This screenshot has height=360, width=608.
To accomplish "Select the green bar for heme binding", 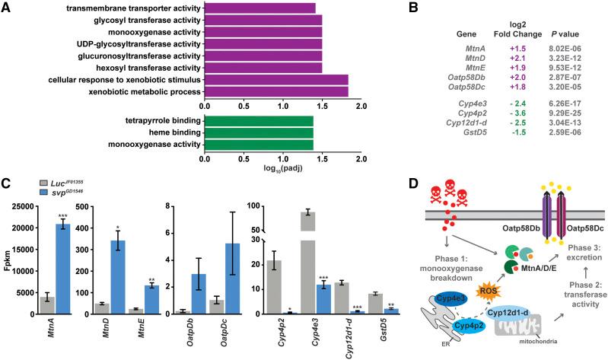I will pos(259,132).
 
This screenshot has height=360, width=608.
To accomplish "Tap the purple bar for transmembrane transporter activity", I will pos(259,8).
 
